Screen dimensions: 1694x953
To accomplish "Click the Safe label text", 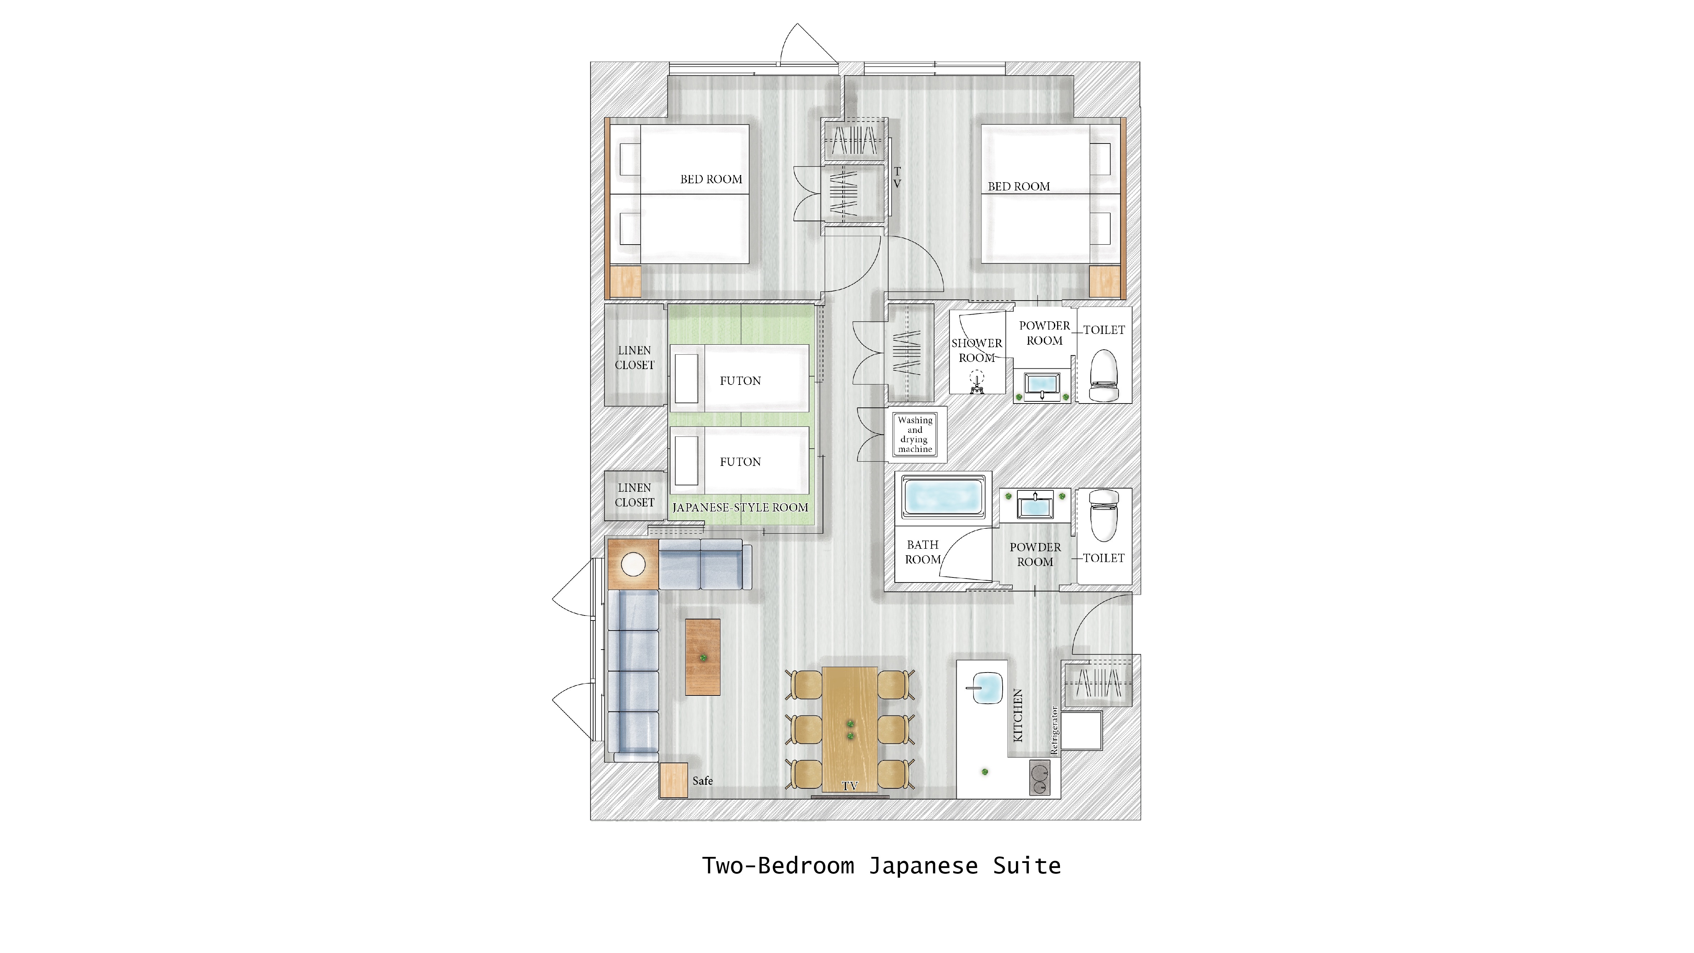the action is click(702, 781).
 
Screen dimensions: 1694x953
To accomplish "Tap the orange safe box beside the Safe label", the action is click(673, 780).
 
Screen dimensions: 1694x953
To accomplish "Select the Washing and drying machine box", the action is click(915, 434).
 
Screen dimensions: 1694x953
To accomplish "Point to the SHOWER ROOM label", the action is click(976, 350).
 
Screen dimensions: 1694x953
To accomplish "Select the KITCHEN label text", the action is click(1018, 716).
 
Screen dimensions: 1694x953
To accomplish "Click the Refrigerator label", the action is click(1055, 730).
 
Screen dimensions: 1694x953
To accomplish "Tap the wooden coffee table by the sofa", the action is click(703, 657).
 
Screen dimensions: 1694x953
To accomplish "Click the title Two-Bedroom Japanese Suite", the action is click(881, 865).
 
